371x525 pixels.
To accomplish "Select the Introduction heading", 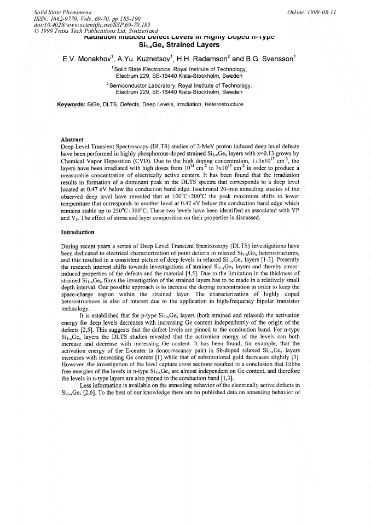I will [77, 232].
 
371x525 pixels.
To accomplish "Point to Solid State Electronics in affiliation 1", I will [143, 70].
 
